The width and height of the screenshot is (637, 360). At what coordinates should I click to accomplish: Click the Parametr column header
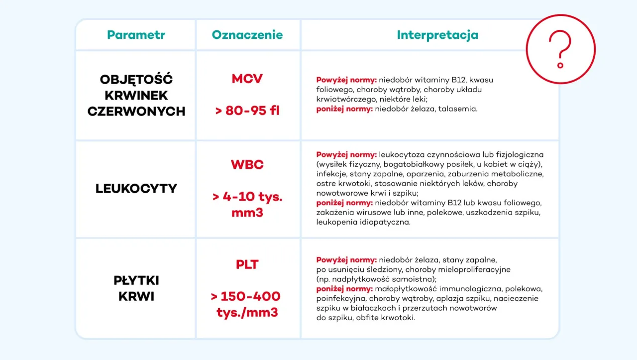[136, 35]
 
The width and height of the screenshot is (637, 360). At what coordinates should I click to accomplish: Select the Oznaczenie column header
[247, 35]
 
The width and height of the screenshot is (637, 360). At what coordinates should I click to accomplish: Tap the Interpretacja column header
[437, 35]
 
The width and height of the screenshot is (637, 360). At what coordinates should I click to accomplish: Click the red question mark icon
[560, 49]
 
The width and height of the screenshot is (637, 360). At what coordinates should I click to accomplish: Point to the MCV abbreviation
[247, 79]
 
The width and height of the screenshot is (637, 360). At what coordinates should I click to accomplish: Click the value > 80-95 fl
[247, 111]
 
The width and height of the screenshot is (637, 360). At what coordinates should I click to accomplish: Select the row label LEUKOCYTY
[136, 189]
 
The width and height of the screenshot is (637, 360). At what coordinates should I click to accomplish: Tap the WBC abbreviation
[247, 165]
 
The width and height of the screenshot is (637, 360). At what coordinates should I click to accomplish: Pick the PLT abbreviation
[247, 264]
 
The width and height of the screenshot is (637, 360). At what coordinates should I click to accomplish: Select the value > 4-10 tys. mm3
[247, 205]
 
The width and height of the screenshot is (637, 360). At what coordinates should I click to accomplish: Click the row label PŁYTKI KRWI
[136, 288]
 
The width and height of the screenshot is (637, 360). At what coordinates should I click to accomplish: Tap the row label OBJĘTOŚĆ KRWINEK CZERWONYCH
[136, 95]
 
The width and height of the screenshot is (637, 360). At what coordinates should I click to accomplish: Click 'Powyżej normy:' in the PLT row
[346, 260]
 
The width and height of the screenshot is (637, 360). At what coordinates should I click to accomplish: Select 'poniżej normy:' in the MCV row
[344, 109]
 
